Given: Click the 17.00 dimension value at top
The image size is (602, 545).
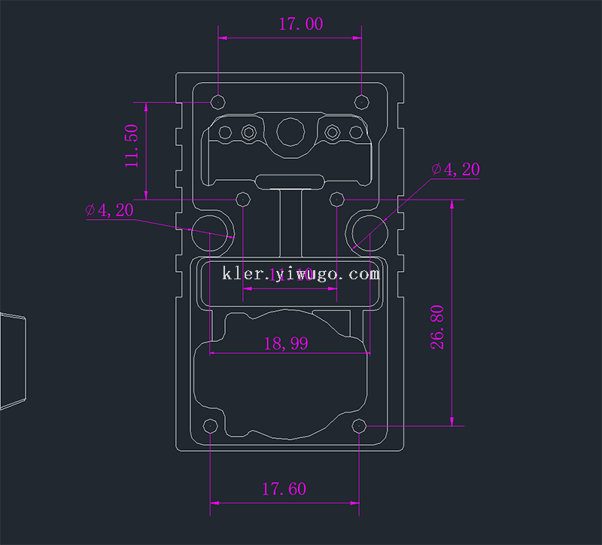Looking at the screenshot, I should click(301, 24).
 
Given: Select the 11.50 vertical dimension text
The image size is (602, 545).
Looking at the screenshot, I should click(132, 146).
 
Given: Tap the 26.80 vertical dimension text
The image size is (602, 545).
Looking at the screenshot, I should click(437, 326).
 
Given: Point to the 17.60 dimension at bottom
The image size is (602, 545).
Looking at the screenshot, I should click(284, 489).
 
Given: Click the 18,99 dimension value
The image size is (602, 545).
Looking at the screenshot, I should click(286, 343).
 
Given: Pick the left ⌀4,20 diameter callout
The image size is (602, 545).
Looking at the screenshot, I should click(109, 210).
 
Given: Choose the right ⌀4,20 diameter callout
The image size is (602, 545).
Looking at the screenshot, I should click(455, 169).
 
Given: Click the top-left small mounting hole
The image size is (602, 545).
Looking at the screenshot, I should click(219, 102).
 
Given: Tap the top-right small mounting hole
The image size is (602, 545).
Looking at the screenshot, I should click(362, 102).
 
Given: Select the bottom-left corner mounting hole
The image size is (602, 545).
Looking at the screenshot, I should click(211, 427).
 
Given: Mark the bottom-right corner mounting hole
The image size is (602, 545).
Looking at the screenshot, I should click(359, 427).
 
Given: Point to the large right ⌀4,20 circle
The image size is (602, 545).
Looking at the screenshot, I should click(367, 230).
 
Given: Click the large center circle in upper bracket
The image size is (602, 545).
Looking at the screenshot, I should click(290, 133).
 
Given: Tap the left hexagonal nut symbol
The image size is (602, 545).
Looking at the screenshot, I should click(248, 133).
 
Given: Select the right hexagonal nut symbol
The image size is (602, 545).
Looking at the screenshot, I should click(332, 133).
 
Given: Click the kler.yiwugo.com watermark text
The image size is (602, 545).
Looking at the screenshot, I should click(301, 273).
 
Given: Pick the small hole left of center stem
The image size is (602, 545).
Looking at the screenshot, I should click(243, 199).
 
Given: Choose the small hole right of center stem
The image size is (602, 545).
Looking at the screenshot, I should click(338, 199).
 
